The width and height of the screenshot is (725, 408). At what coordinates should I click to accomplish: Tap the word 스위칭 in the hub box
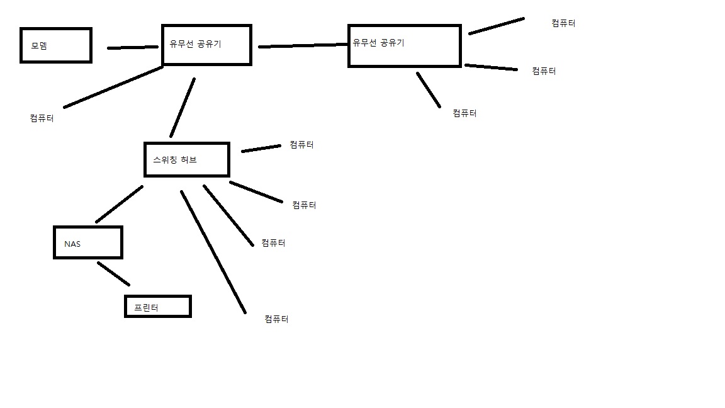pyautogui.click(x=165, y=159)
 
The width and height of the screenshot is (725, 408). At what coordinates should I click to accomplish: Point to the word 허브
pyautogui.click(x=189, y=159)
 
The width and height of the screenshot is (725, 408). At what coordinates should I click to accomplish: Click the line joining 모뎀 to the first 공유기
pyautogui.click(x=133, y=47)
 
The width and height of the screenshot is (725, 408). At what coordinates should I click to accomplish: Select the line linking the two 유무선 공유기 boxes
pyautogui.click(x=303, y=45)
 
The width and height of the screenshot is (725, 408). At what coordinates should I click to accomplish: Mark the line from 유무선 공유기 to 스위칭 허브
pyautogui.click(x=182, y=108)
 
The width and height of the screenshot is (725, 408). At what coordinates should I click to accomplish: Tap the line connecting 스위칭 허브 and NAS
pyautogui.click(x=120, y=204)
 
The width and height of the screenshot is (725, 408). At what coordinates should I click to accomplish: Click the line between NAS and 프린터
pyautogui.click(x=113, y=274)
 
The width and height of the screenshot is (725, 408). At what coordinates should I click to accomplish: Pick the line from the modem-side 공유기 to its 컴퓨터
pyautogui.click(x=113, y=88)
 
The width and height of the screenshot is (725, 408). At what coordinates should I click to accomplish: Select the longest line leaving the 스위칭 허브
pyautogui.click(x=213, y=252)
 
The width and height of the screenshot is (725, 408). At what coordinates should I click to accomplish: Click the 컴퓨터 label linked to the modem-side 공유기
pyautogui.click(x=42, y=118)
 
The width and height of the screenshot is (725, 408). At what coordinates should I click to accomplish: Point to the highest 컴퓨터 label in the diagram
pyautogui.click(x=564, y=23)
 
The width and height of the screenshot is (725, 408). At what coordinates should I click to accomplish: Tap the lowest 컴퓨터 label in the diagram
pyautogui.click(x=276, y=319)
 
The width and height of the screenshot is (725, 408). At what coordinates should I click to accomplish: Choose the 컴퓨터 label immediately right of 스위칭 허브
pyautogui.click(x=302, y=145)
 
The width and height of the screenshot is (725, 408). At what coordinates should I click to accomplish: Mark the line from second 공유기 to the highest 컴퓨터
pyautogui.click(x=497, y=26)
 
